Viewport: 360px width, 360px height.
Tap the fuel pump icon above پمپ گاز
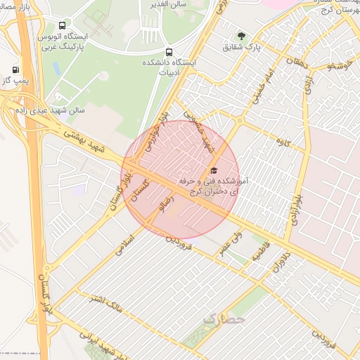click(x=15, y=70)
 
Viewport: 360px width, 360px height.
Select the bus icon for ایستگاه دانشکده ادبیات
click(x=168, y=52)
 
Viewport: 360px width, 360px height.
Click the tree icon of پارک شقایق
click(x=242, y=36)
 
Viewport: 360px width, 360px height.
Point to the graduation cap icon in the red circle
click(x=214, y=170)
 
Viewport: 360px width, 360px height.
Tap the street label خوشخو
click(x=340, y=67)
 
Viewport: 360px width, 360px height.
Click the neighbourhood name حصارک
click(x=225, y=319)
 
